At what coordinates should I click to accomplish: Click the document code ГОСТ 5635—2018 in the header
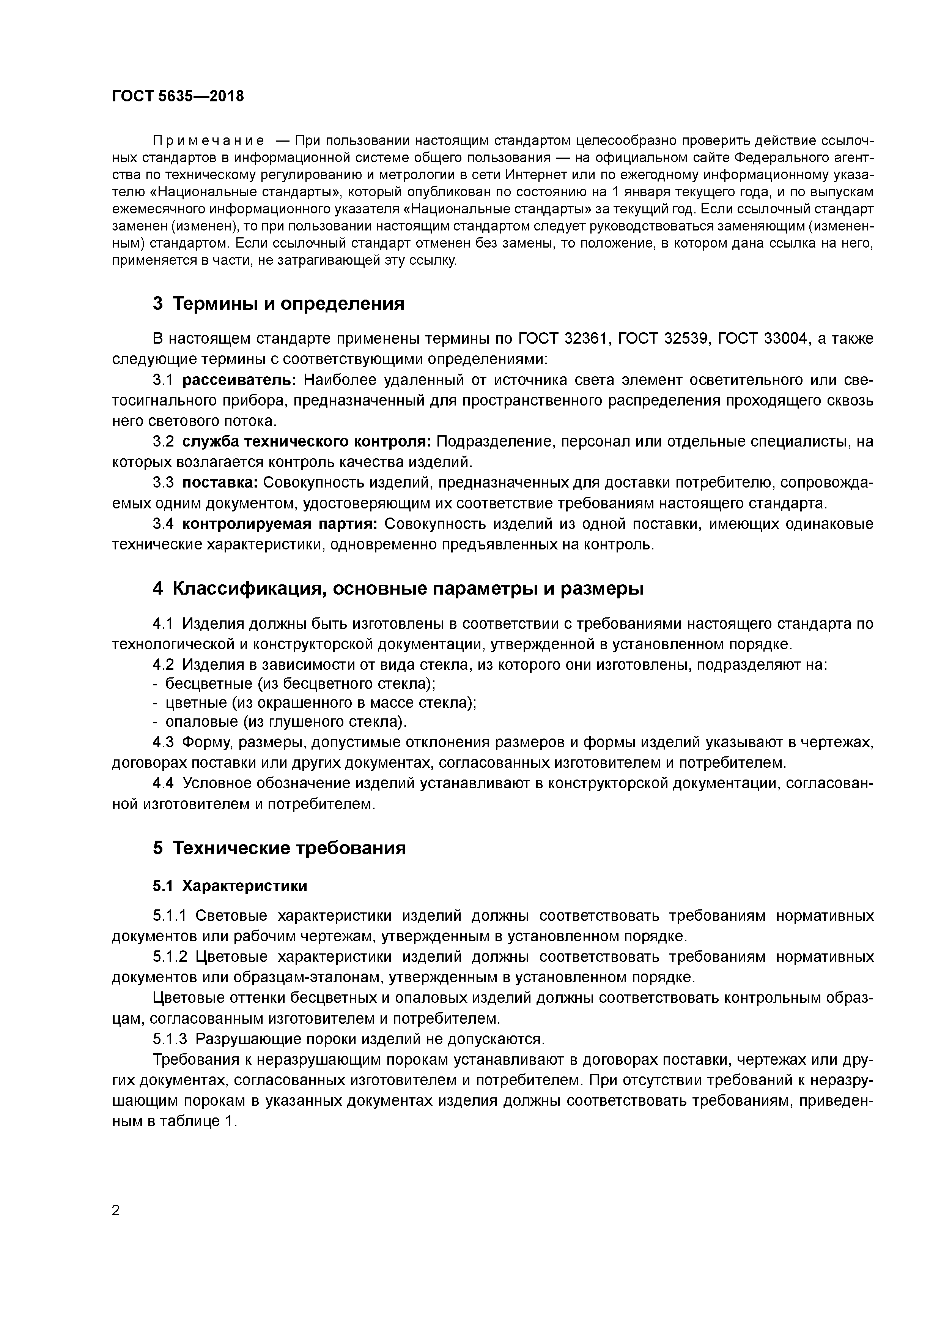click(178, 96)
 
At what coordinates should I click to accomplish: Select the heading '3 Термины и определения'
click(278, 303)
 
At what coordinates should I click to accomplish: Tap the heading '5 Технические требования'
click(279, 848)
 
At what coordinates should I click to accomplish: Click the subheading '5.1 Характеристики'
click(230, 886)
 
